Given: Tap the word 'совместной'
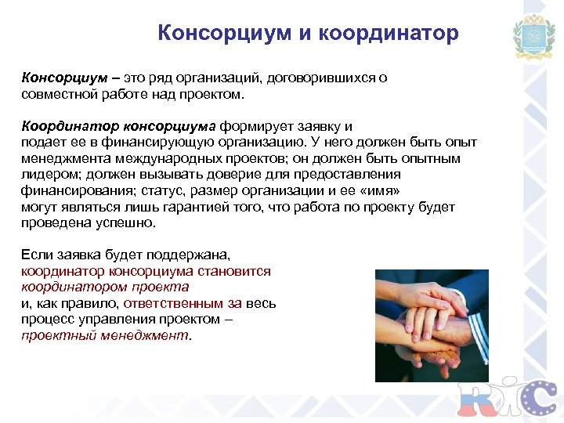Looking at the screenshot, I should pyautogui.click(x=54, y=94).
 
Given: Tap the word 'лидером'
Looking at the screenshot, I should pyautogui.click(x=45, y=174).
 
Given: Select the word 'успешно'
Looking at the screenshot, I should pyautogui.click(x=123, y=223).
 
